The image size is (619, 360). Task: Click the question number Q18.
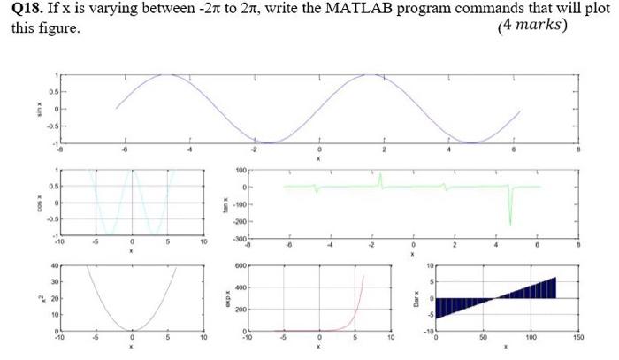pos(27,9)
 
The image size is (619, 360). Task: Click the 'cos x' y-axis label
pos(38,203)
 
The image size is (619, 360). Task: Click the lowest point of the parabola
pos(132,329)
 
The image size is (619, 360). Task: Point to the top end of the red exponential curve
pos(363,277)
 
